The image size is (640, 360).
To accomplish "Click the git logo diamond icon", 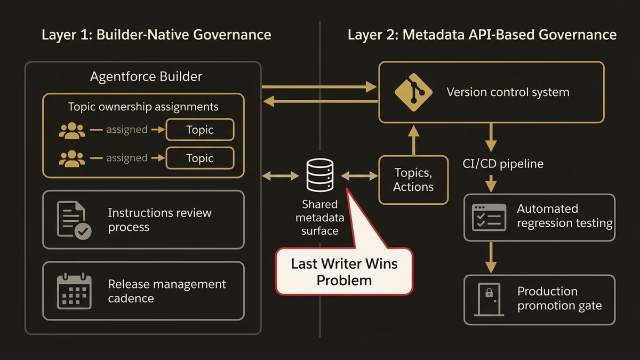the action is (x=412, y=92).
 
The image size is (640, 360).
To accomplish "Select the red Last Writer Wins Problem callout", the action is (x=344, y=271).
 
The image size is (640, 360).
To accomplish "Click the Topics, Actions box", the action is (x=413, y=180).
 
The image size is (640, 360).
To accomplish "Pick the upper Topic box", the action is (x=200, y=130).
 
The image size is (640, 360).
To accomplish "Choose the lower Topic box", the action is (x=200, y=158).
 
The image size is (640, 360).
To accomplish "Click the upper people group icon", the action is (x=72, y=130).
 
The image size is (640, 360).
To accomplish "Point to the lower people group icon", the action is (x=72, y=158).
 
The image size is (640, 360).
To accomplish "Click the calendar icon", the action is (x=74, y=291).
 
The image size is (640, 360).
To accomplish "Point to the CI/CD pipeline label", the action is (x=503, y=164).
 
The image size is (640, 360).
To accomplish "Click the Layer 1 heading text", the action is (x=156, y=35).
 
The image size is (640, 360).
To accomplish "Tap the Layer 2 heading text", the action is (x=482, y=35).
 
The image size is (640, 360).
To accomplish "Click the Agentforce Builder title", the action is (x=146, y=77).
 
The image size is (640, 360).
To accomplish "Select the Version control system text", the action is (x=508, y=92).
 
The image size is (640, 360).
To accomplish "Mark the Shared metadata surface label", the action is (x=320, y=218).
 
